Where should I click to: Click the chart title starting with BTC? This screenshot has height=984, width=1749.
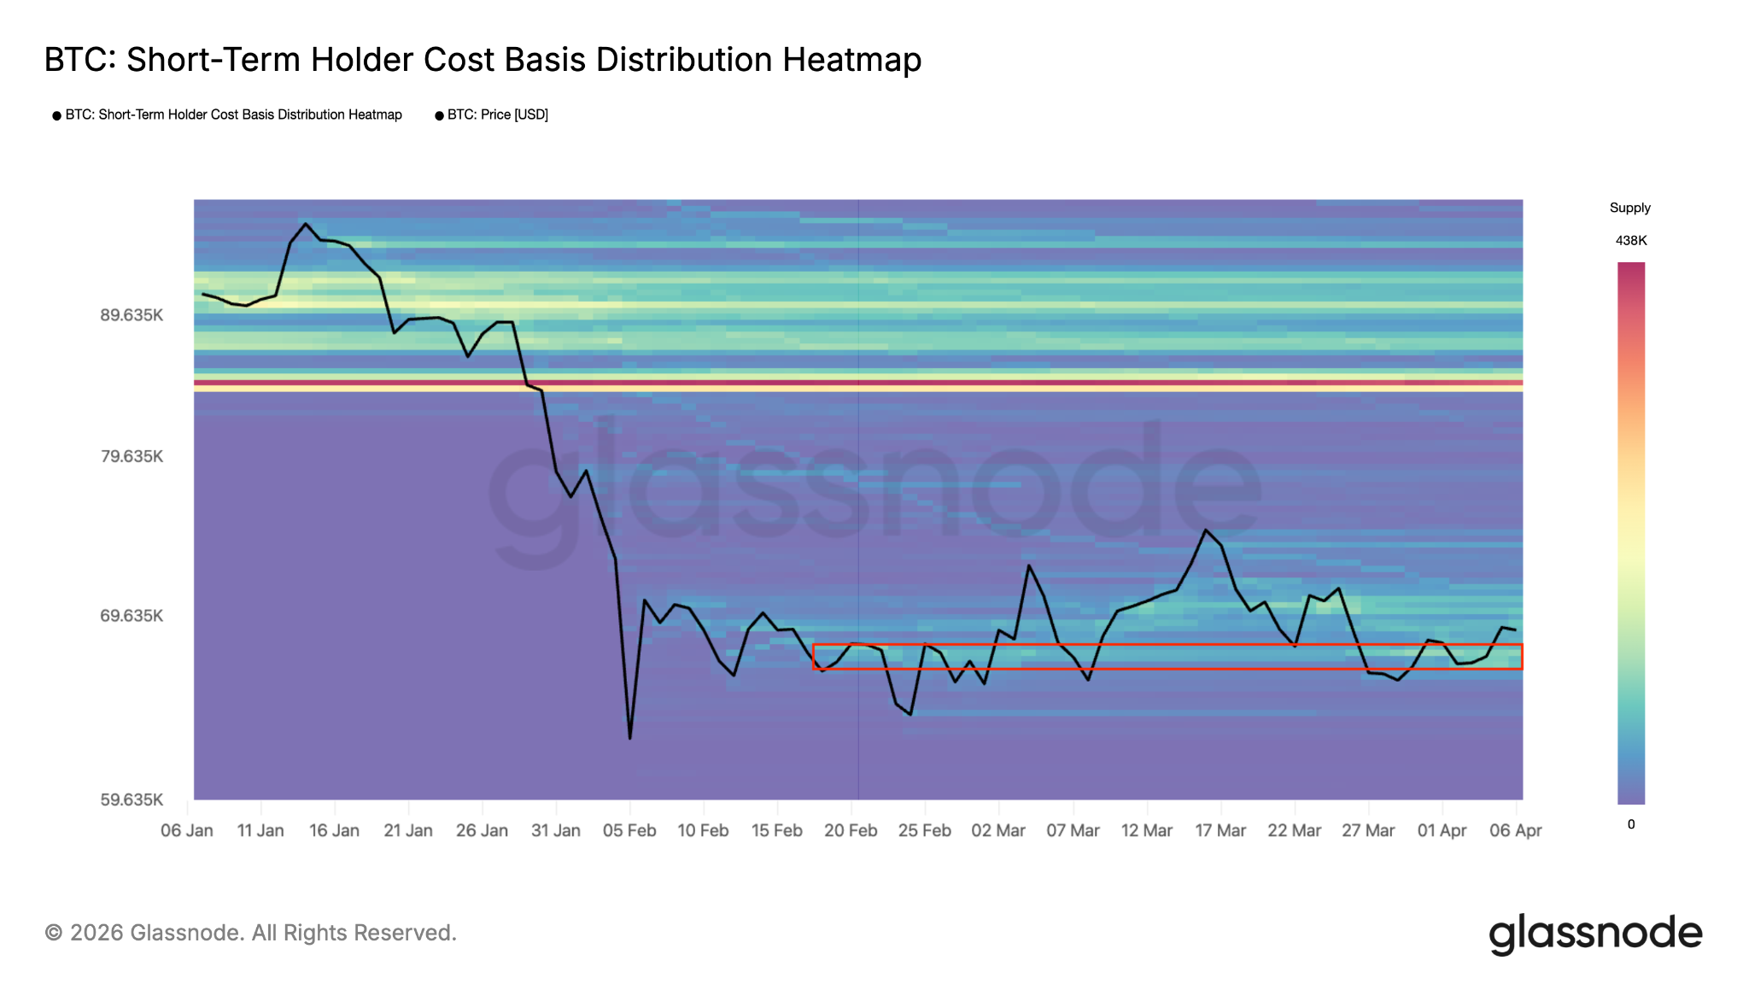pyautogui.click(x=483, y=60)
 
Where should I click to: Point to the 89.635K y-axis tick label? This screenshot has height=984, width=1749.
pyautogui.click(x=132, y=315)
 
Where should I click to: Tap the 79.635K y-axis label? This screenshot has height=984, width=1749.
pyautogui.click(x=132, y=456)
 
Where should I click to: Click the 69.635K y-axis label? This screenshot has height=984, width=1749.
pyautogui.click(x=132, y=616)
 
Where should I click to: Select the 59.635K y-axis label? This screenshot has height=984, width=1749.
pyautogui.click(x=132, y=799)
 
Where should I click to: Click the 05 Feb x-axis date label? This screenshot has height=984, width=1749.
pyautogui.click(x=629, y=830)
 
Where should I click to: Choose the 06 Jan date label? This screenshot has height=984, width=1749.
pyautogui.click(x=187, y=830)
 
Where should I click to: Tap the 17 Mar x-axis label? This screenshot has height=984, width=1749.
pyautogui.click(x=1220, y=830)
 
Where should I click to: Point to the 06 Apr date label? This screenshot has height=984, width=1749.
pyautogui.click(x=1516, y=830)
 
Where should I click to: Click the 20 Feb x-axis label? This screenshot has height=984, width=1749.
pyautogui.click(x=851, y=830)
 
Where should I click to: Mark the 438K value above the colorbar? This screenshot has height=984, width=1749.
pyautogui.click(x=1630, y=241)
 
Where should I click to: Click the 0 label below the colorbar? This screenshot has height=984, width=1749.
pyautogui.click(x=1631, y=824)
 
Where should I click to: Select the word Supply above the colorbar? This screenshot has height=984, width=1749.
pyautogui.click(x=1629, y=208)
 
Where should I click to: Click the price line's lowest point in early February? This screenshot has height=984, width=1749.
pyautogui.click(x=630, y=738)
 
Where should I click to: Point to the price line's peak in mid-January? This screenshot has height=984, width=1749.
pyautogui.click(x=306, y=224)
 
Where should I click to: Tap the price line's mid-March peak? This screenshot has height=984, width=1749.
pyautogui.click(x=1206, y=530)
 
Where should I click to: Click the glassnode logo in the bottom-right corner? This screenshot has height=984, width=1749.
pyautogui.click(x=1595, y=934)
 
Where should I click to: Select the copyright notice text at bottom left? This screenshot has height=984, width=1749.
pyautogui.click(x=250, y=933)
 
